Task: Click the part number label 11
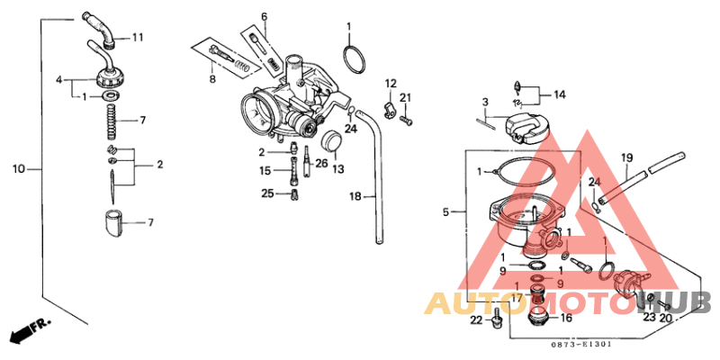(x=138, y=37)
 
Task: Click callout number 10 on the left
(x=18, y=168)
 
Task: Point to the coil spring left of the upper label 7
(x=111, y=118)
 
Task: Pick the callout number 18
(x=355, y=195)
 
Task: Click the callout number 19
(x=627, y=157)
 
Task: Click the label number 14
(x=559, y=94)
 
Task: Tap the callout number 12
(x=391, y=84)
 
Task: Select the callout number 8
(x=212, y=80)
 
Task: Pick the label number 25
(x=267, y=193)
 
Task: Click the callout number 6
(x=265, y=17)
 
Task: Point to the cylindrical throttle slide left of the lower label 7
(x=112, y=220)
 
